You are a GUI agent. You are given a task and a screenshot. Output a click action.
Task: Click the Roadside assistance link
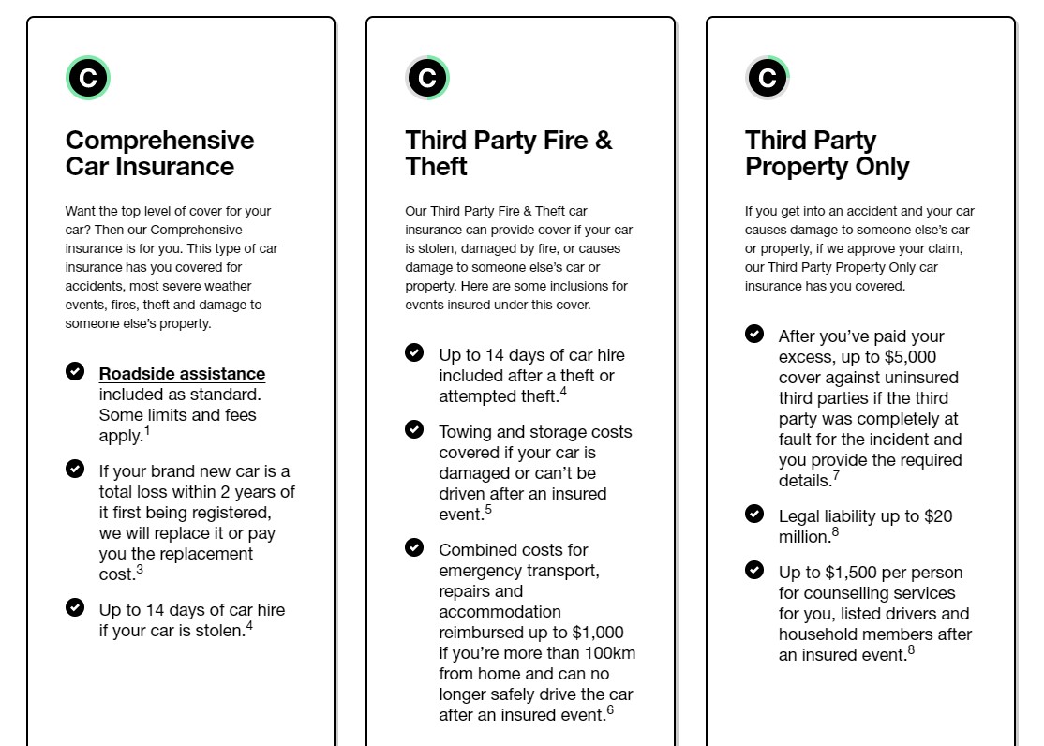(x=182, y=374)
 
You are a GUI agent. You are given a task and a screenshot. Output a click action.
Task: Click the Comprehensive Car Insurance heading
(x=159, y=154)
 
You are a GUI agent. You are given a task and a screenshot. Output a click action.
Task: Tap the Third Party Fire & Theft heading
(x=508, y=154)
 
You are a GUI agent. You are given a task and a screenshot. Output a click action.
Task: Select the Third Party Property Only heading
(x=827, y=154)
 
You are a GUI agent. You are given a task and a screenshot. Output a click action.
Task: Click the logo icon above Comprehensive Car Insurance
(x=88, y=78)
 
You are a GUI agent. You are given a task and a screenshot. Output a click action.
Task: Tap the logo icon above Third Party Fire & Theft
(x=427, y=78)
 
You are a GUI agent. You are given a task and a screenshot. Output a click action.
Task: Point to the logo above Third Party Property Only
(x=768, y=78)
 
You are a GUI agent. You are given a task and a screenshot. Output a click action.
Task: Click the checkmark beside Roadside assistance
(x=75, y=372)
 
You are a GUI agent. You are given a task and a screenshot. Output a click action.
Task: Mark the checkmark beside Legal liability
(x=754, y=514)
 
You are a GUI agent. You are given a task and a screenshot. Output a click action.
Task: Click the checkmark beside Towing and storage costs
(x=414, y=429)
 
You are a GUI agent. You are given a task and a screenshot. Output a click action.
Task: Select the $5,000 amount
(x=907, y=357)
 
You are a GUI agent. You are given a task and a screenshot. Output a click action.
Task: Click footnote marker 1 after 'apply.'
(x=147, y=431)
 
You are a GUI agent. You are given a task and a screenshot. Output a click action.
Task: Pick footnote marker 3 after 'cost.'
(x=140, y=569)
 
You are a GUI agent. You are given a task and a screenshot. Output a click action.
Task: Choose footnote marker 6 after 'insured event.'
(x=610, y=710)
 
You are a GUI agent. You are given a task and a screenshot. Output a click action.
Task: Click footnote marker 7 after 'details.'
(x=836, y=476)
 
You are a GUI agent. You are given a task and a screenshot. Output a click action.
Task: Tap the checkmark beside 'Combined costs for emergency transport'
(x=414, y=547)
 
